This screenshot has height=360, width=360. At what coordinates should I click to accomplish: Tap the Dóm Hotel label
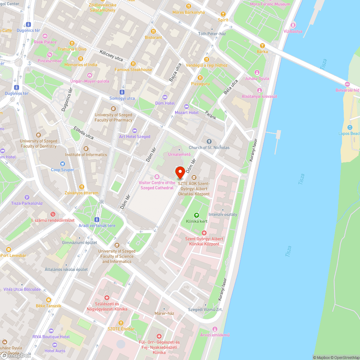coord(165,103)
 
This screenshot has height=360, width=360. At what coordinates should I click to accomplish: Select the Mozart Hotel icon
coord(186,106)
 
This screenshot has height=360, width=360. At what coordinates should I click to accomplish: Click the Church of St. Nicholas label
coord(209,148)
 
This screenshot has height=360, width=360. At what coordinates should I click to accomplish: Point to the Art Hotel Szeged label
coord(135,136)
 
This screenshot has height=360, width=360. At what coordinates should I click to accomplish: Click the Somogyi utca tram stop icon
coord(122,92)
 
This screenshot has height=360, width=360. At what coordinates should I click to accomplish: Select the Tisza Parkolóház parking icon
coord(27,197)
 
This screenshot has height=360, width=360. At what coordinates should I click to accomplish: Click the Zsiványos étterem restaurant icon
coord(81,187)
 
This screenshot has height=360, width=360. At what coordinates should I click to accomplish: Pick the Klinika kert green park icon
coord(197,215)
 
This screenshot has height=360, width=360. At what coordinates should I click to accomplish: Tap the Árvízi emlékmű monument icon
coord(215,329)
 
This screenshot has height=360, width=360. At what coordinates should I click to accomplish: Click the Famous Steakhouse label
coord(133,69)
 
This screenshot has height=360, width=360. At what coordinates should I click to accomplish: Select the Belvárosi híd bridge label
coord(347,90)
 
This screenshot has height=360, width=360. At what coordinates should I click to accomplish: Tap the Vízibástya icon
coord(293,25)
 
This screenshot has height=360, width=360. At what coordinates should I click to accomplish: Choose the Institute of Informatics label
coord(86,155)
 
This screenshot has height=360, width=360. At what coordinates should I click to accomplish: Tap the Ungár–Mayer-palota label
coord(89,81)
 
